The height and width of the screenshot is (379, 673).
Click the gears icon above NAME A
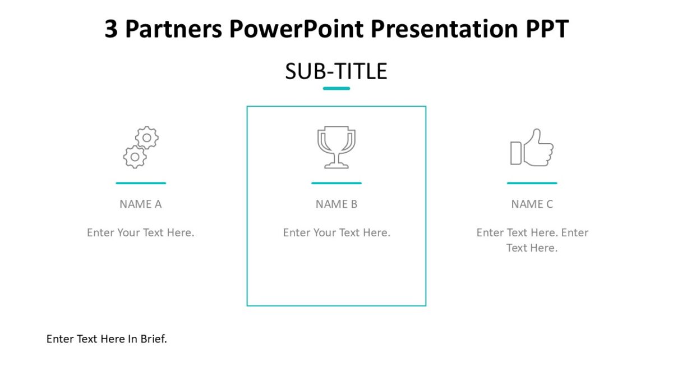tap(141, 147)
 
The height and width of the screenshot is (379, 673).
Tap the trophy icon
tap(336, 147)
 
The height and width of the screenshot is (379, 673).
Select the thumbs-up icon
tap(532, 148)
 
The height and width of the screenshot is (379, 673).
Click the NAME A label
tap(141, 204)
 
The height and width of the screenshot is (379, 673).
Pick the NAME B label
tap(336, 204)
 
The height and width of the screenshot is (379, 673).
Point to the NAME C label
tap(532, 204)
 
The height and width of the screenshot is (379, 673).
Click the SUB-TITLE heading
tap(336, 72)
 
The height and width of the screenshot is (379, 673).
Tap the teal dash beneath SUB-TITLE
tap(336, 88)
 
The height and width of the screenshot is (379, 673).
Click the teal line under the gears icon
tap(141, 183)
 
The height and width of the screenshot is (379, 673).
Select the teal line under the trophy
tap(336, 183)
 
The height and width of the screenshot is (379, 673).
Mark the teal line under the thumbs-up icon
tap(532, 183)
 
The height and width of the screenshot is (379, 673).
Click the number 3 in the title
tap(111, 29)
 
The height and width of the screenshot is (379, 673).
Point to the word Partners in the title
tap(172, 29)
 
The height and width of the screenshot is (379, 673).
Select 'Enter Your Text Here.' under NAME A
tap(141, 232)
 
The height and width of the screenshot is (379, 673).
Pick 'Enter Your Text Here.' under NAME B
tap(336, 232)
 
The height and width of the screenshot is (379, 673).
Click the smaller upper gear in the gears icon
tap(147, 137)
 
